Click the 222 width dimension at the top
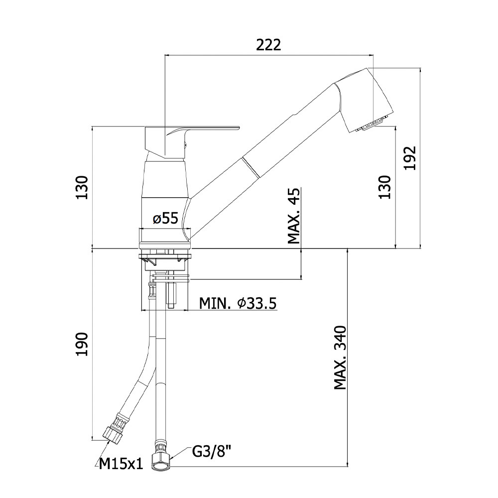(268, 45)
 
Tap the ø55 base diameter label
(165, 219)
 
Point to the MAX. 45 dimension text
(294, 216)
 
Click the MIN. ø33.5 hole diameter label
(238, 304)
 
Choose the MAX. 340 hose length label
(340, 357)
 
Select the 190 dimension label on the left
(82, 344)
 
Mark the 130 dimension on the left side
(82, 187)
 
